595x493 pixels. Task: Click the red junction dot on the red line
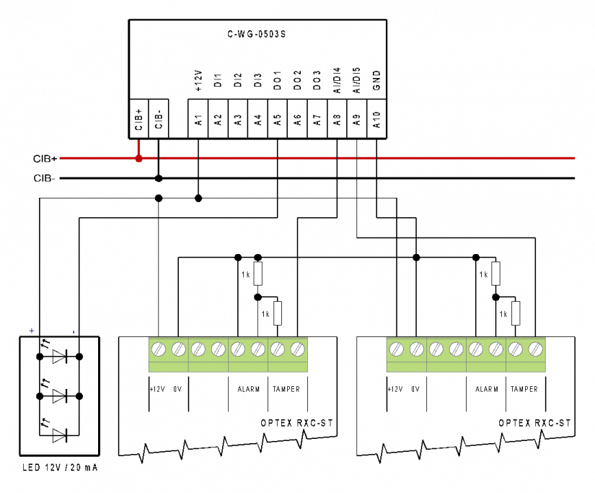tap(138, 158)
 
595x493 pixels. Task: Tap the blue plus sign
tap(32, 331)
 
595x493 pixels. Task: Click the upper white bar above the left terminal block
tap(257, 274)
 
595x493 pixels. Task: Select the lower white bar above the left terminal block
tap(278, 313)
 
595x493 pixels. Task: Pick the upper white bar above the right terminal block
tap(495, 274)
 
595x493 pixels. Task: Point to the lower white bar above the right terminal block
tap(516, 313)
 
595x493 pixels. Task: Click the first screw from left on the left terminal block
tap(159, 349)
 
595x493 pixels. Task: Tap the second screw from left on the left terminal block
tap(179, 349)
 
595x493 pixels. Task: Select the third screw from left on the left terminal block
tap(198, 349)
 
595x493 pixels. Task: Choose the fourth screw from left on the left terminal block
tap(219, 349)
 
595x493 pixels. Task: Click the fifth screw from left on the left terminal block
tap(238, 349)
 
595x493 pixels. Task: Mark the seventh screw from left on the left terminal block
tap(278, 349)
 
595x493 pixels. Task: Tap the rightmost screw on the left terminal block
tap(298, 349)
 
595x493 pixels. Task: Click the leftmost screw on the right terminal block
tap(397, 349)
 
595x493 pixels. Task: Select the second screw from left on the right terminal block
tap(417, 349)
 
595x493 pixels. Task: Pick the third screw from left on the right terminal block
tap(436, 349)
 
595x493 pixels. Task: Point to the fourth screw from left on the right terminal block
tap(457, 349)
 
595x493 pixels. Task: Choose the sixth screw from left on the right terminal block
tap(496, 349)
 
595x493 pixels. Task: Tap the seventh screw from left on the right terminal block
tap(516, 349)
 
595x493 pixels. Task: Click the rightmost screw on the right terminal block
tap(535, 349)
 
